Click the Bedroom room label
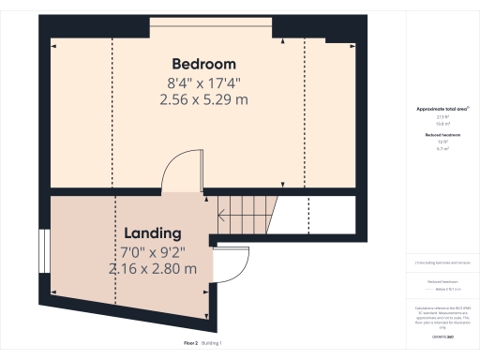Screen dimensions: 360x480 tap(202, 64)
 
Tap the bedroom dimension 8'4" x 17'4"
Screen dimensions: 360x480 tap(202, 82)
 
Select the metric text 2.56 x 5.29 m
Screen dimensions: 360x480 tap(202, 98)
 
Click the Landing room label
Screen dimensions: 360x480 tap(152, 233)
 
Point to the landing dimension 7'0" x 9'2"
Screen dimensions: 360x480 tap(152, 251)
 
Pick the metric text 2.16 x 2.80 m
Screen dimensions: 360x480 tap(152, 268)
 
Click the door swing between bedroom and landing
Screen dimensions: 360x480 tap(178, 171)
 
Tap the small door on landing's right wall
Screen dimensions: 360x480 tap(230, 266)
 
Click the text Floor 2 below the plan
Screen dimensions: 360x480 tap(190, 344)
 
